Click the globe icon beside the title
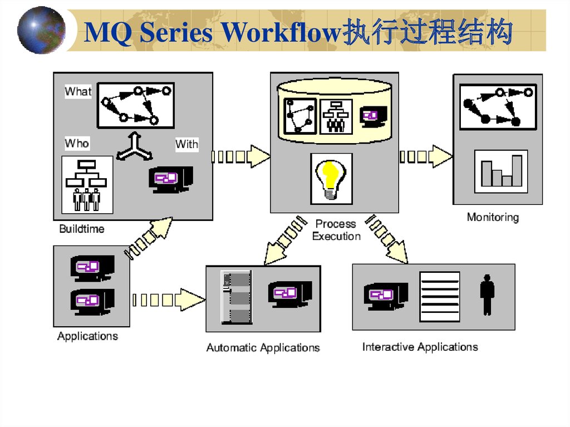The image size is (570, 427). tap(41, 30)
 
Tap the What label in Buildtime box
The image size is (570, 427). tap(78, 91)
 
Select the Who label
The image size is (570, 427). tap(77, 143)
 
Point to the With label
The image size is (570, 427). tap(186, 144)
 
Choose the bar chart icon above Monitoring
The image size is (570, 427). tap(500, 171)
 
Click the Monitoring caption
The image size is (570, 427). tap(493, 217)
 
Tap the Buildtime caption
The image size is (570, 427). tap(82, 229)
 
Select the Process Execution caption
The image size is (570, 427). tap(336, 230)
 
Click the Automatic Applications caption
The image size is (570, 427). tap(263, 347)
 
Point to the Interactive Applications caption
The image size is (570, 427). tap(420, 347)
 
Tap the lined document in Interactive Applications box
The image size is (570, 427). tap(439, 297)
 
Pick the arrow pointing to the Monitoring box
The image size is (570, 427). tap(425, 156)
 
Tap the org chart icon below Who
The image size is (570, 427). tap(87, 184)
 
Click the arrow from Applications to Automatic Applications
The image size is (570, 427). tap(168, 300)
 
